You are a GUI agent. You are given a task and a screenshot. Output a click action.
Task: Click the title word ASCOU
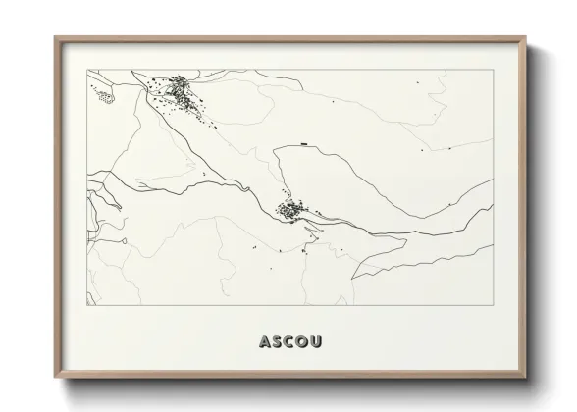click(x=288, y=342)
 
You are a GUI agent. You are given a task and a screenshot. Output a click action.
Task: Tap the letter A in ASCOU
click(x=265, y=342)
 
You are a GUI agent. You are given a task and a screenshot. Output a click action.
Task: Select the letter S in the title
click(x=277, y=342)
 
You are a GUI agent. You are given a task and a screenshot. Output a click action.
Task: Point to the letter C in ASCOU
click(x=288, y=342)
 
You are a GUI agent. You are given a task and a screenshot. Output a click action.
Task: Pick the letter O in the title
click(x=300, y=342)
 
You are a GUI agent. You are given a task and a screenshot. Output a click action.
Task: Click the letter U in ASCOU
click(x=313, y=342)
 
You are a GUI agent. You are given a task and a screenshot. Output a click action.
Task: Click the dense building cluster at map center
click(x=291, y=209)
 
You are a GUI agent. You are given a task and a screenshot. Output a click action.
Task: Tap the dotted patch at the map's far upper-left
click(x=103, y=94)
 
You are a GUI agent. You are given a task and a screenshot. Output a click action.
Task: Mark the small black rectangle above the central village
click(x=306, y=144)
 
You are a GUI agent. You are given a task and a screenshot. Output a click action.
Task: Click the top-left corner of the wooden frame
click(x=55, y=37)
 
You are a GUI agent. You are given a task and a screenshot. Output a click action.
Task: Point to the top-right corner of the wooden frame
click(x=525, y=37)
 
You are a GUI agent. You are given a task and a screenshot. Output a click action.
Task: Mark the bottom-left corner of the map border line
click(x=87, y=306)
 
